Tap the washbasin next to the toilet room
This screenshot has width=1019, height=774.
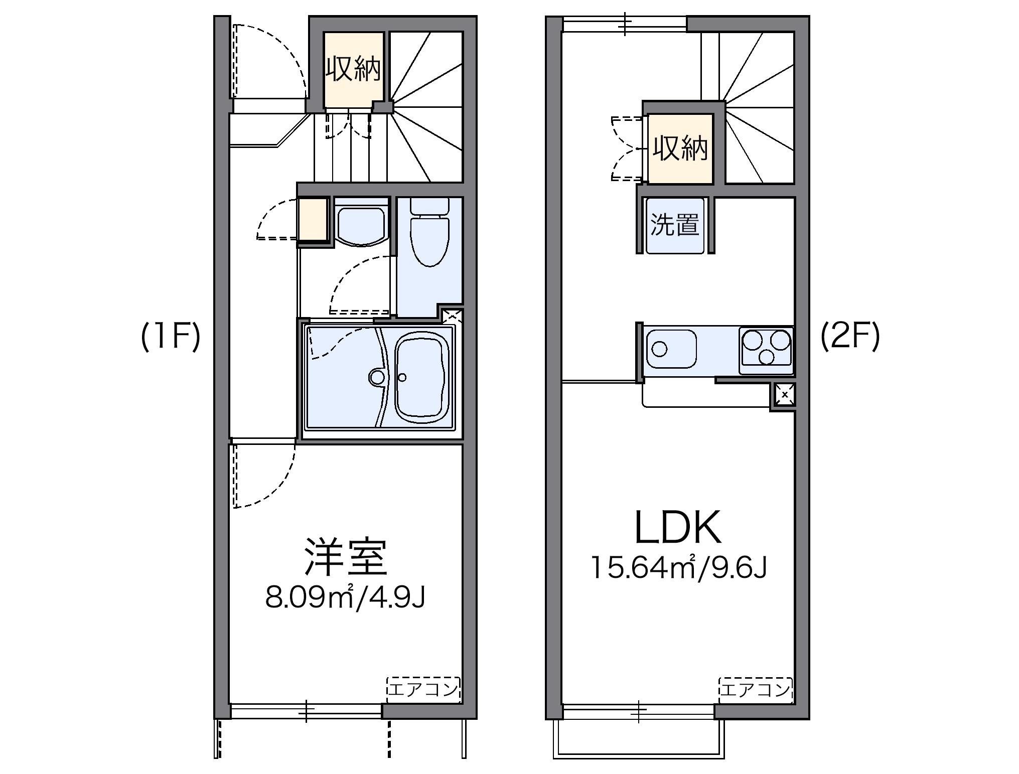point(361,226)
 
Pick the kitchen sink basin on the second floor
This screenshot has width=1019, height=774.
point(671,348)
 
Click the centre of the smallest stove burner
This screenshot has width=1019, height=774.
point(767,357)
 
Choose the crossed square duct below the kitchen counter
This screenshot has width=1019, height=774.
point(785,395)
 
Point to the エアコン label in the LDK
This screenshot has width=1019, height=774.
point(756,690)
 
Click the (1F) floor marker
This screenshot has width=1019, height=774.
point(171,336)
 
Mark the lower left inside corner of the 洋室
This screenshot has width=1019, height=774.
point(230,703)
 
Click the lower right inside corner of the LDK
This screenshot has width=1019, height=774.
point(794,704)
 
